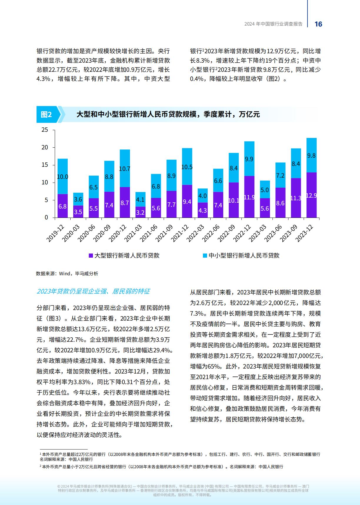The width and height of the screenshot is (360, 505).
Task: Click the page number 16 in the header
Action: pos(319,24)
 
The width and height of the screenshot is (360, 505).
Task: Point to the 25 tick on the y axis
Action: pos(44,130)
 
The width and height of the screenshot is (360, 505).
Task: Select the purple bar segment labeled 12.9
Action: pos(311,195)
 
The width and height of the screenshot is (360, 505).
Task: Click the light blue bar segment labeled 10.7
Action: pos(125,168)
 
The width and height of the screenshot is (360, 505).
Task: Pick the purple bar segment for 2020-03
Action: pos(78,211)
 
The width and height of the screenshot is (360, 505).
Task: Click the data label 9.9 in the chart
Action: pos(249,159)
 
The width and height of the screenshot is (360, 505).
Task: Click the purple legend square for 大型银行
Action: pos(91,256)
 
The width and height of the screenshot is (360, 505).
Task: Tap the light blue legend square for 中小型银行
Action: pos(205,256)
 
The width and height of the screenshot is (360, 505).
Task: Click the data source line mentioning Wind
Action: pos(67,274)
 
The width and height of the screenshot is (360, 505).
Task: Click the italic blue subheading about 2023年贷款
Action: pos(93,291)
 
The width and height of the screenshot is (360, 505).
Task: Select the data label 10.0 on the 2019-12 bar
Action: pos(62,177)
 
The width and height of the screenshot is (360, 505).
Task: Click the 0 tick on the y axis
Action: pos(46,218)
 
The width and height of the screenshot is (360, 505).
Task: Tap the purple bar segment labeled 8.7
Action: pos(125,202)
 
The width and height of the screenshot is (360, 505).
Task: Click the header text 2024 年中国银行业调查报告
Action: pos(274,24)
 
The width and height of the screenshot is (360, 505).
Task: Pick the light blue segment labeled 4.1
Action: pos(140,199)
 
